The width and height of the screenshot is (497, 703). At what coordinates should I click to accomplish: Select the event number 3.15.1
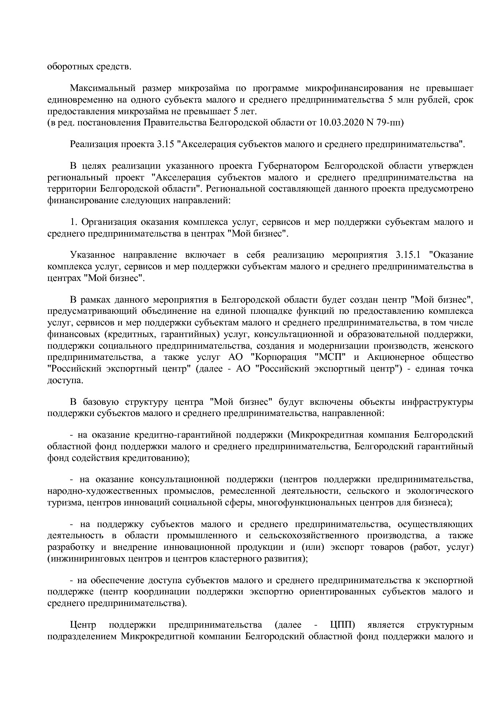407,255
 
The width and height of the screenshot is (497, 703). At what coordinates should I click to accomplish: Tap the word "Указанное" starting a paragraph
92,255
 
